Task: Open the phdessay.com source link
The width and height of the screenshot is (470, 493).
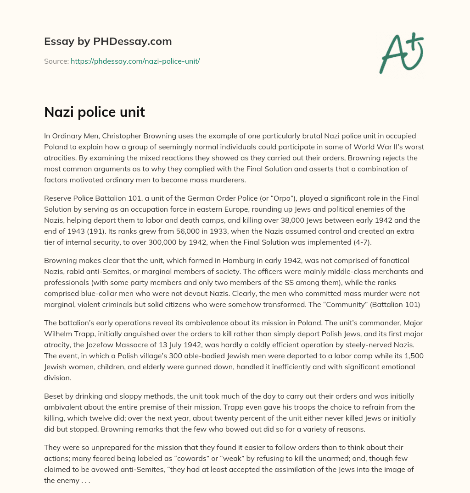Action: pyautogui.click(x=135, y=61)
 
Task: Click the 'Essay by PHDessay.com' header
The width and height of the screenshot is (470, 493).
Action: pyautogui.click(x=108, y=41)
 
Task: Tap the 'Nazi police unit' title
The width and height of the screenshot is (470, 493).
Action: pyautogui.click(x=95, y=112)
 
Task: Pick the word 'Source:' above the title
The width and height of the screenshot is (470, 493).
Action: pyautogui.click(x=56, y=61)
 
